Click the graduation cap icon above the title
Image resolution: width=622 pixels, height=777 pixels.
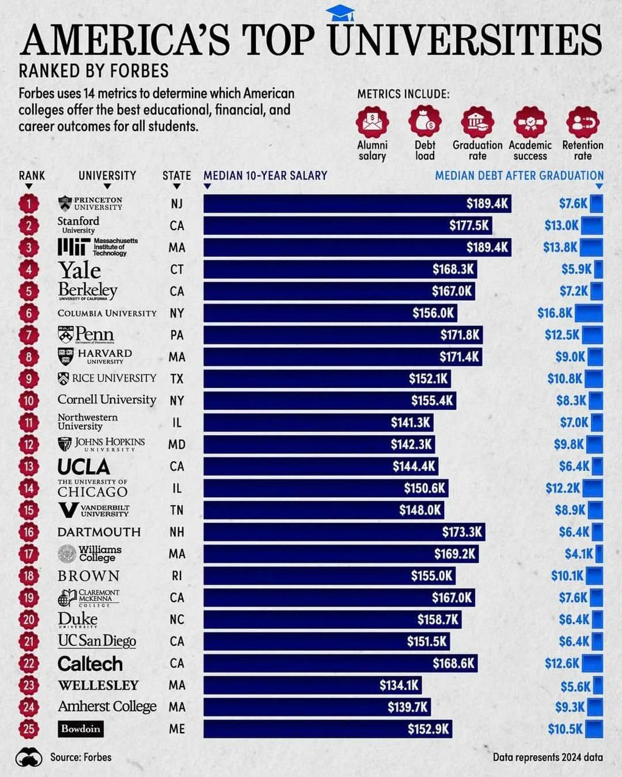click(x=340, y=13)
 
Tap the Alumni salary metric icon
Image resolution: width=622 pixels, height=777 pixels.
click(x=372, y=121)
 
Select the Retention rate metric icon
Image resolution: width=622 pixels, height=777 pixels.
click(x=583, y=121)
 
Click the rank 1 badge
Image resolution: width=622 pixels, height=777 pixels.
click(x=29, y=203)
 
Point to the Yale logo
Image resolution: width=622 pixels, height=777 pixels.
click(x=79, y=270)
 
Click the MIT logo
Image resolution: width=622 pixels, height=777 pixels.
click(x=98, y=247)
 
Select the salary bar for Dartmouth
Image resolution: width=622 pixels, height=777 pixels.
click(x=344, y=532)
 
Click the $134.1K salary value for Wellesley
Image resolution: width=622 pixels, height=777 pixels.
click(x=399, y=685)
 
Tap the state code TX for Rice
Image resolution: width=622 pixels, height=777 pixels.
click(x=177, y=379)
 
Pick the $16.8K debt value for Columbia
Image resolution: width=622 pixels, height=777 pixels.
click(x=555, y=313)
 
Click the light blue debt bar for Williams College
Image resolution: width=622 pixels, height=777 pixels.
click(x=600, y=554)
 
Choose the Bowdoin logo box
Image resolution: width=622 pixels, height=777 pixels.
click(x=81, y=728)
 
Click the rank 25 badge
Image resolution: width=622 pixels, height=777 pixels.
click(x=29, y=728)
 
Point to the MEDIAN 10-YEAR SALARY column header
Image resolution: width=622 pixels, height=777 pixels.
click(x=265, y=175)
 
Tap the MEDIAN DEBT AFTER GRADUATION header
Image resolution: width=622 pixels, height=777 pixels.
click(x=519, y=175)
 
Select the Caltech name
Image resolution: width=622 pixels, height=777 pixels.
click(x=90, y=663)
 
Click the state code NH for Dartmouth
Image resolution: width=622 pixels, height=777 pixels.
click(x=177, y=532)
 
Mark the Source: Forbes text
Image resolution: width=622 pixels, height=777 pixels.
click(x=81, y=757)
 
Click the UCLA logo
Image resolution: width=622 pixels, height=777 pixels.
click(x=84, y=466)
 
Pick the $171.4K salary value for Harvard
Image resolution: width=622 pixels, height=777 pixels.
click(x=459, y=357)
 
